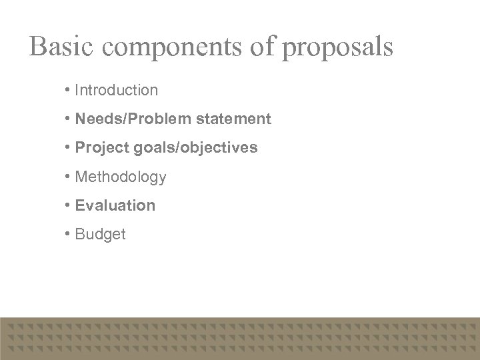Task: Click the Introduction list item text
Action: coord(117,89)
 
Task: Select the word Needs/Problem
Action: coord(130,119)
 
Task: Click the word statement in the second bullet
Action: coord(230,119)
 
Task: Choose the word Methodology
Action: coord(121,177)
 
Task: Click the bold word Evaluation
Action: coord(115,205)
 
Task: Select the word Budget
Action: coord(100,234)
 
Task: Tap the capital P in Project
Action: coord(80,147)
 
